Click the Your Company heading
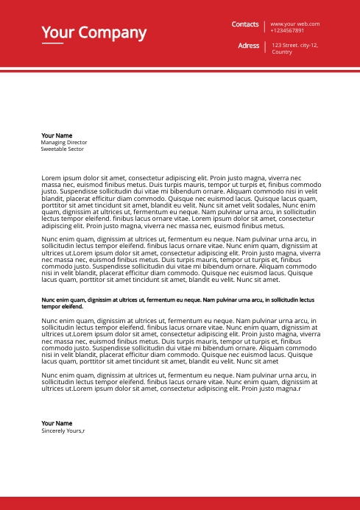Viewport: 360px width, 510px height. pyautogui.click(x=93, y=32)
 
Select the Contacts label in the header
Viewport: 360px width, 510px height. pyautogui.click(x=245, y=24)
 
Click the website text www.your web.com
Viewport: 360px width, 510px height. pyautogui.click(x=294, y=24)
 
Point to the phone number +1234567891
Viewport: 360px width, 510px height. pyautogui.click(x=287, y=31)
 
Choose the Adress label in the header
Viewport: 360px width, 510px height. pyautogui.click(x=249, y=46)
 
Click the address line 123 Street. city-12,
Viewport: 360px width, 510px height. pyautogui.click(x=294, y=46)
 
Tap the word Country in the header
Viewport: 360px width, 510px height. pyautogui.click(x=282, y=52)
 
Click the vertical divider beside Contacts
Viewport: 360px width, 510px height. pyautogui.click(x=264, y=27)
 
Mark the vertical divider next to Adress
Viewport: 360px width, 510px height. pyautogui.click(x=264, y=48)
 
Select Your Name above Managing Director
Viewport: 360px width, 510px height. pyautogui.click(x=57, y=135)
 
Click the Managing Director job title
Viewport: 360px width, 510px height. pyautogui.click(x=64, y=142)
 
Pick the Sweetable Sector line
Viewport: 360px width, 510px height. pyautogui.click(x=63, y=149)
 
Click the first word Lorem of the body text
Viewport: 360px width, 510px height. pyautogui.click(x=50, y=178)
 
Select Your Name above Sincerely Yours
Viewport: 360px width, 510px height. pyautogui.click(x=57, y=423)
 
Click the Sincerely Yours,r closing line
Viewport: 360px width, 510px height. pyautogui.click(x=63, y=431)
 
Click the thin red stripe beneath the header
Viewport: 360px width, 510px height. pyautogui.click(x=180, y=71)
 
